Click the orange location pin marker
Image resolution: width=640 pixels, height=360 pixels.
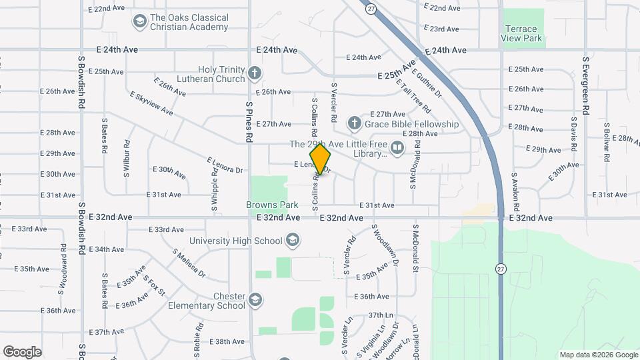pyautogui.click(x=321, y=159)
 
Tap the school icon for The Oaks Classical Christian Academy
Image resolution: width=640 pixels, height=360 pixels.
pyautogui.click(x=139, y=22)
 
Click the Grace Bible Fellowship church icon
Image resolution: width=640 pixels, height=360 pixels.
pyautogui.click(x=354, y=123)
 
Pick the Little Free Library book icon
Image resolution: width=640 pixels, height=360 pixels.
pyautogui.click(x=397, y=147)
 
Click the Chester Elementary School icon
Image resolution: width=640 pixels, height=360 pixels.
pyautogui.click(x=255, y=300)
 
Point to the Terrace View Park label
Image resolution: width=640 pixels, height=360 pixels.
pyautogui.click(x=521, y=33)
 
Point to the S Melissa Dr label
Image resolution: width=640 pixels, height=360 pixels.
pyautogui.click(x=189, y=264)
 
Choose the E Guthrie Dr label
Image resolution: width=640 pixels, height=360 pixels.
pyautogui.click(x=427, y=84)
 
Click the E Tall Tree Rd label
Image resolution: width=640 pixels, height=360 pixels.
pyautogui.click(x=411, y=95)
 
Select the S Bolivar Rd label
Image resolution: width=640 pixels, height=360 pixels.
pyautogui.click(x=607, y=141)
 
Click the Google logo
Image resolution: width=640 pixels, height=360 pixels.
pyautogui.click(x=22, y=352)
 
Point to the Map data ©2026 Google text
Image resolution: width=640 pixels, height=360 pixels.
pyautogui.click(x=598, y=355)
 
